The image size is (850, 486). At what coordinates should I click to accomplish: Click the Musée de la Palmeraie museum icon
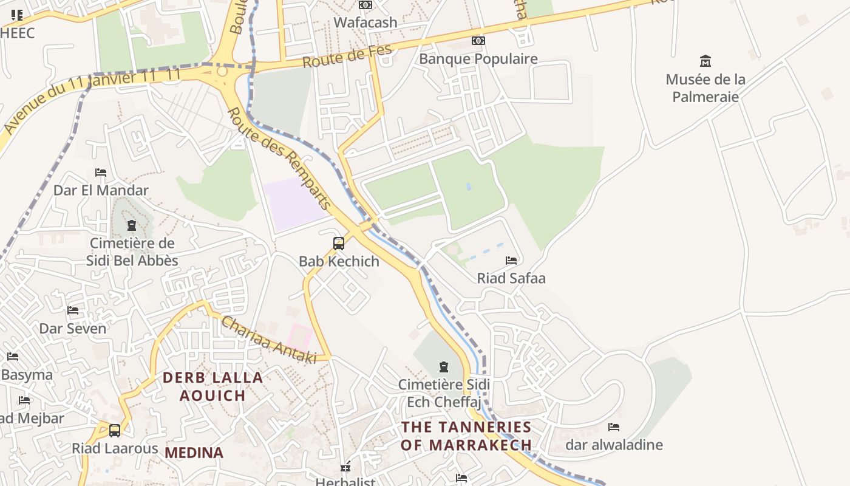click(x=705, y=61)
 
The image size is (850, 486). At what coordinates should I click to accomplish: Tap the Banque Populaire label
click(x=478, y=59)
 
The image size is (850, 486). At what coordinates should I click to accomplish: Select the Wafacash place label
click(x=365, y=22)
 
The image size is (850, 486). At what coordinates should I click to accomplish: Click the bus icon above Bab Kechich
click(x=339, y=244)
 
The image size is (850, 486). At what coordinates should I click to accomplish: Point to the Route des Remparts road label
click(x=280, y=159)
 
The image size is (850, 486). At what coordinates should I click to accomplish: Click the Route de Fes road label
click(x=347, y=56)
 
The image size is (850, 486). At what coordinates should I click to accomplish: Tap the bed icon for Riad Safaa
click(x=511, y=261)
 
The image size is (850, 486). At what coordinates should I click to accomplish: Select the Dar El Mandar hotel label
click(x=101, y=190)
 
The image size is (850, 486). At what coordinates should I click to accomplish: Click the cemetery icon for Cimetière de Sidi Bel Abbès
click(x=132, y=226)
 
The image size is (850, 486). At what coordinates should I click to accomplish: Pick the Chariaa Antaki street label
click(x=268, y=340)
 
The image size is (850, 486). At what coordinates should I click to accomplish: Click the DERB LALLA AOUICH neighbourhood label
click(x=213, y=386)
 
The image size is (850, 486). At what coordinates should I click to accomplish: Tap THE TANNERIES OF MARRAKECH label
click(x=466, y=436)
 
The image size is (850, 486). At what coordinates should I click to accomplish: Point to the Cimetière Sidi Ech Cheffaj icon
click(x=444, y=367)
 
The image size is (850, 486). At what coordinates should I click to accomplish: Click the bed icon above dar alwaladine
click(x=614, y=427)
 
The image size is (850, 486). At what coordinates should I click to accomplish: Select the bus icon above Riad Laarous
click(x=115, y=431)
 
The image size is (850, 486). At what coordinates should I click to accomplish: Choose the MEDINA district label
click(x=194, y=453)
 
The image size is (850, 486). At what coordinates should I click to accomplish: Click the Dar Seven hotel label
click(x=72, y=329)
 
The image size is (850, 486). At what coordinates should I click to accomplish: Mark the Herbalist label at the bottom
click(x=345, y=482)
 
